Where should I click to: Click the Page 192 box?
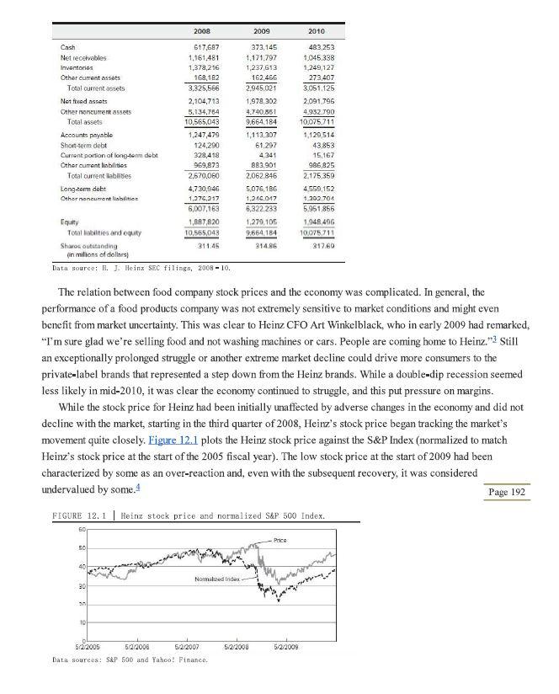tap(507, 492)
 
